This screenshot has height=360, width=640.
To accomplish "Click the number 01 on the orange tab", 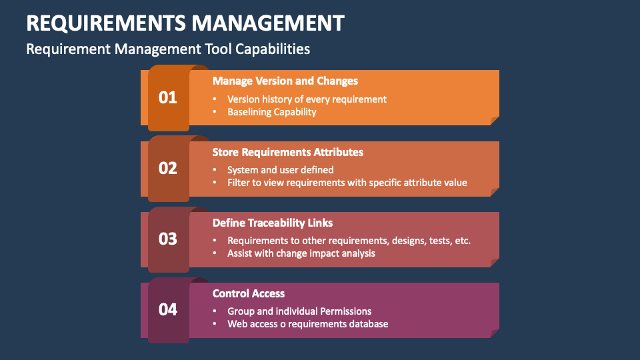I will click(x=168, y=97).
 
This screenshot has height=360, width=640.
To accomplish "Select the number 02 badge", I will click(x=168, y=168).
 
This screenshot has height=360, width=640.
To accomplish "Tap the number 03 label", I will click(x=168, y=239).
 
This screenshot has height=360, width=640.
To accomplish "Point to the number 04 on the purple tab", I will click(x=168, y=309).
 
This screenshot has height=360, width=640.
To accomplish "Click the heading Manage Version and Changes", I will click(x=285, y=81).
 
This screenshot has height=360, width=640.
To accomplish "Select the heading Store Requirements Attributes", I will click(x=288, y=152).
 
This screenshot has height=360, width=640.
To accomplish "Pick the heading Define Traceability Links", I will click(x=273, y=223).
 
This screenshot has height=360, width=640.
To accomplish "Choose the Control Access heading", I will click(x=249, y=293).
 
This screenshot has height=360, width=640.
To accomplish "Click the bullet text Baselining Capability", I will click(x=272, y=112).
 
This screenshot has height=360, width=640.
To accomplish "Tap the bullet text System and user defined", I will click(x=281, y=169).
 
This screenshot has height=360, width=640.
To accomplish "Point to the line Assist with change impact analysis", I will click(x=301, y=253).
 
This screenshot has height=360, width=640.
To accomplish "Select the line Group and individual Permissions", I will click(x=299, y=311).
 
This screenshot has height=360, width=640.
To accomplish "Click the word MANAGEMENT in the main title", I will click(x=269, y=23).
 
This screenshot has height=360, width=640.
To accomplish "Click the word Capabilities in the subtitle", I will click(x=274, y=49).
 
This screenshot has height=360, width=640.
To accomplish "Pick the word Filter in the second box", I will click(x=237, y=183).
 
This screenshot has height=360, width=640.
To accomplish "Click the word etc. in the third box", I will click(x=462, y=240).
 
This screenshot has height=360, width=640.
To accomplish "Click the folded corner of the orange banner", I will click(x=495, y=121).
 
